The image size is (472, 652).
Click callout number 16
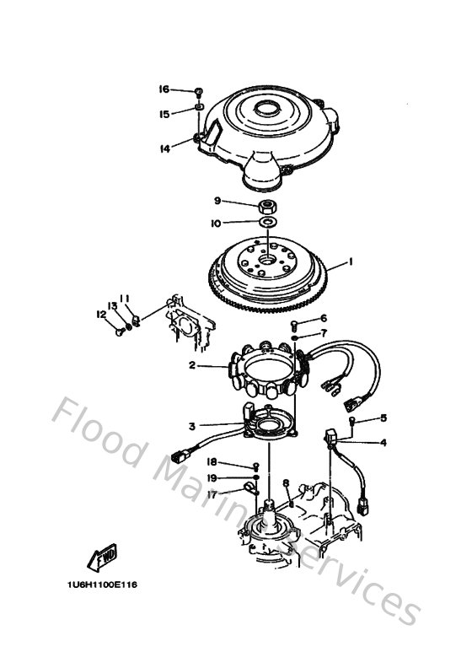point(164,89)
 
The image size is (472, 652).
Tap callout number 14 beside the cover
point(165,148)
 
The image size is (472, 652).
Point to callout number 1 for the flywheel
point(351,262)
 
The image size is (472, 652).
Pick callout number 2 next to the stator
point(192,365)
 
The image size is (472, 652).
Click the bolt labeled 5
point(352,420)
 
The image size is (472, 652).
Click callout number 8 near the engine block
point(287,483)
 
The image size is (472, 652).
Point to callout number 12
point(101,314)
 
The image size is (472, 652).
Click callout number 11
point(124,298)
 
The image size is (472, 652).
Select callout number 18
point(212,462)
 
